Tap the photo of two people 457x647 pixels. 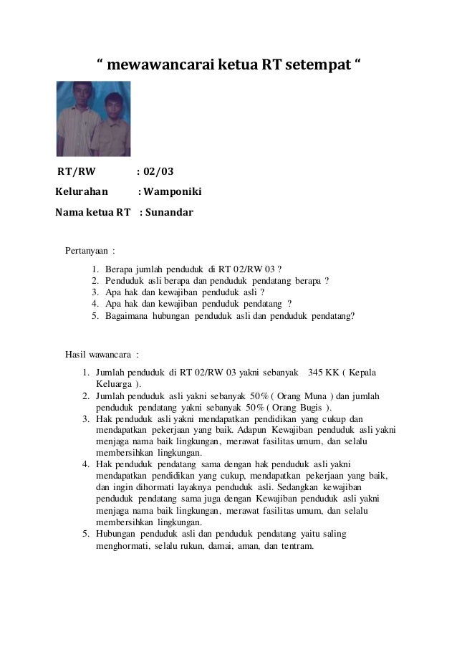pos(93,119)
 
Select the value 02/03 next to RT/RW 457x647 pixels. pos(158,171)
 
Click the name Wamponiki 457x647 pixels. pos(173,192)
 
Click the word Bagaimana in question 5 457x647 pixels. pos(125,315)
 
